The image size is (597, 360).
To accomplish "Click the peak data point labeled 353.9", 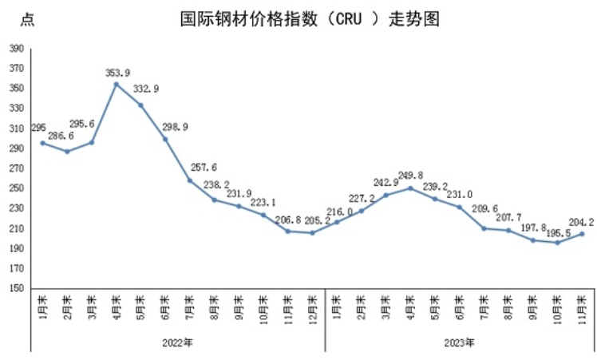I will [117, 84].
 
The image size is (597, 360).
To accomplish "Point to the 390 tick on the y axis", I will [15, 49].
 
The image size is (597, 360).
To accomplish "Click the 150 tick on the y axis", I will [15, 288].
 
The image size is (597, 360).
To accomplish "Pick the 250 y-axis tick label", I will [15, 188].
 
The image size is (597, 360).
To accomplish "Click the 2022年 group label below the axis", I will [179, 342].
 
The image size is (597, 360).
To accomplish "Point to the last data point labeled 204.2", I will [581, 234].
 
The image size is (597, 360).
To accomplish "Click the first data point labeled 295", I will [42, 143].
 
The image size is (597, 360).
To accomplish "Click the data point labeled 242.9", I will [385, 195].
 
